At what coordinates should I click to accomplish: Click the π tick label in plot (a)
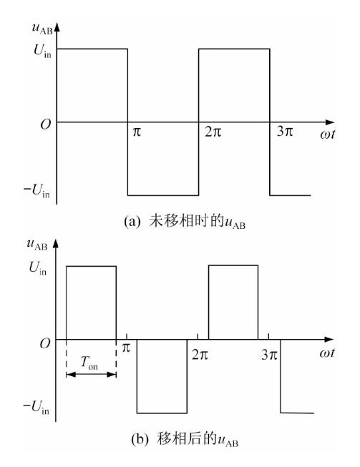point(137,132)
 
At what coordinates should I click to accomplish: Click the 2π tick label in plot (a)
point(213,131)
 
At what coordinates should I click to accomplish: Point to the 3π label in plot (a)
point(285,131)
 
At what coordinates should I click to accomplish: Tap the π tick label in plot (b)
point(127,348)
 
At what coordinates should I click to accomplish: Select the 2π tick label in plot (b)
point(200,354)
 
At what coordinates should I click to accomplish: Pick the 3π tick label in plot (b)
point(270,355)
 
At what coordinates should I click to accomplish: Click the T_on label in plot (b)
point(89,363)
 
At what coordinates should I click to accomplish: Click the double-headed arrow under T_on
point(91,375)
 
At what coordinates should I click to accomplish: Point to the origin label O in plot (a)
point(46,124)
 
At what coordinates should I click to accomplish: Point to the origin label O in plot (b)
point(45,344)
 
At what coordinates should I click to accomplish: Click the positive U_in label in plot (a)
point(42,51)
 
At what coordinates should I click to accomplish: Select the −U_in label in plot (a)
point(37,191)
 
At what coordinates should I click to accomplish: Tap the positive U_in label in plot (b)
point(38,268)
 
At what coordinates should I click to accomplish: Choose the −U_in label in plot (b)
point(37,408)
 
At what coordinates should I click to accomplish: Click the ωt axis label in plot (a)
point(327,134)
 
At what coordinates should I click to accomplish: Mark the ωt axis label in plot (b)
point(326,353)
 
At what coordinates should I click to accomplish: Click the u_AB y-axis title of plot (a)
point(42,29)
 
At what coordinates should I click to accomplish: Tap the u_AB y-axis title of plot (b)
point(37,245)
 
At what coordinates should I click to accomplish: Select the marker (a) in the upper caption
point(132,222)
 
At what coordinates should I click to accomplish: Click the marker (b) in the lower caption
point(140,439)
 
